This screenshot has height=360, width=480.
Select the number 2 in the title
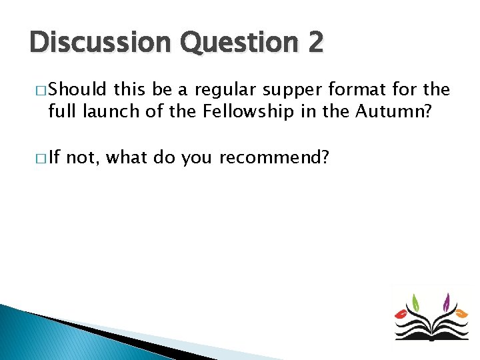315,43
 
